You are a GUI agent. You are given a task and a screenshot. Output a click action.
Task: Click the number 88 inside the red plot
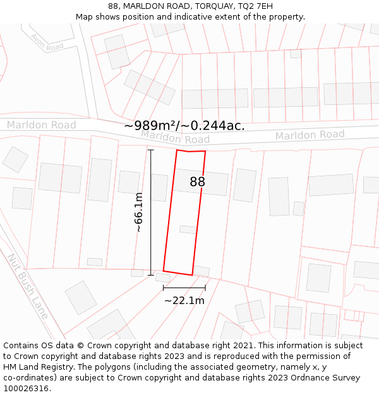[x=198, y=182]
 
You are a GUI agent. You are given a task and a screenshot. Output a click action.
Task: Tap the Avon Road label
[x=47, y=42]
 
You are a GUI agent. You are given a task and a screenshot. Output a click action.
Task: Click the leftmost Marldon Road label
[x=41, y=125]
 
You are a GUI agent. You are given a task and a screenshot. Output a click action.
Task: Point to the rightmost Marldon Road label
[x=310, y=135]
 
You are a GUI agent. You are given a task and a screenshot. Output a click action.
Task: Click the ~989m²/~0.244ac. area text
[x=184, y=126]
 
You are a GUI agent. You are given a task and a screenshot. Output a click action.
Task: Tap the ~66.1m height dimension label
[x=139, y=212]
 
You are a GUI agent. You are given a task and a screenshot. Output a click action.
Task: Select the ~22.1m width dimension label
[x=184, y=301]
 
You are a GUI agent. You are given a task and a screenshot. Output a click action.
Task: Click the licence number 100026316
[x=27, y=389]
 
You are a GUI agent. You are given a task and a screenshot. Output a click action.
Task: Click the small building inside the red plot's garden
[x=188, y=229]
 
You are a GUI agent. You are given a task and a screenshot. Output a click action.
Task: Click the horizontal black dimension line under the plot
[x=184, y=288]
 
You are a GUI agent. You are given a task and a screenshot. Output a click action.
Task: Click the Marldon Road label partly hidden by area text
[x=175, y=137]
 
